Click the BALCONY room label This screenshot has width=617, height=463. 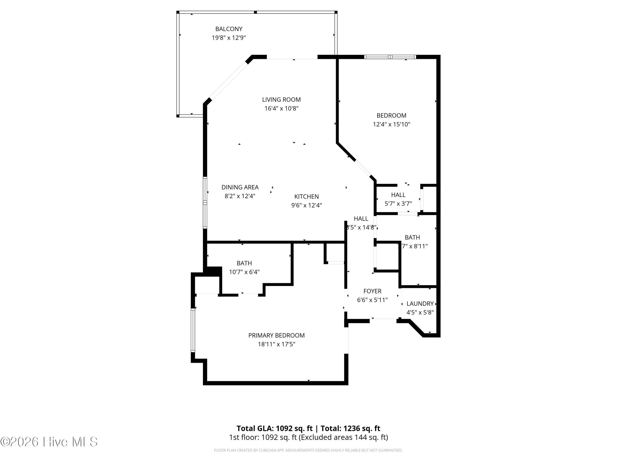(229, 29)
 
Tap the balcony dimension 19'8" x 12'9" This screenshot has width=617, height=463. (229, 38)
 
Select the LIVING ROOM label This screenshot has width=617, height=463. (281, 100)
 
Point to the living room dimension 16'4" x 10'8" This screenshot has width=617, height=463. (281, 108)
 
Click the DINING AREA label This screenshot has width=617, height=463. (240, 187)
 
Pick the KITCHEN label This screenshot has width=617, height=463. (306, 197)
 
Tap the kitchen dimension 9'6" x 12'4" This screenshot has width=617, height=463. (306, 205)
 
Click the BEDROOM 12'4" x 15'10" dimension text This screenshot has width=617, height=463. (391, 124)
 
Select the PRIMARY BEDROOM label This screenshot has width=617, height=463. (276, 335)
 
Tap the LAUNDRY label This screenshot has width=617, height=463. (420, 304)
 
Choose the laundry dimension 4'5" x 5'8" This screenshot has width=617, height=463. (420, 313)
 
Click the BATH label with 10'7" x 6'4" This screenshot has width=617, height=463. (244, 263)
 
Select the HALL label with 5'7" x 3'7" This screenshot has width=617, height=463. (398, 195)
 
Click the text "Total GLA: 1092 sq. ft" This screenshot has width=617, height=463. (275, 428)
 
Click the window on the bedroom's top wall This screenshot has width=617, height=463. (390, 57)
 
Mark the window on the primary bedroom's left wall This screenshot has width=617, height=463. (193, 330)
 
